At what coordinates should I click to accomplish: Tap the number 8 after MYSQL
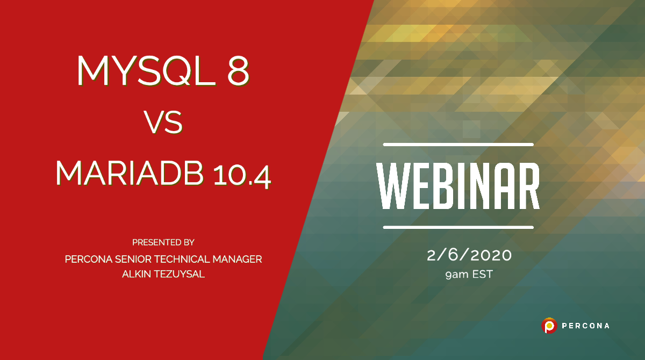238,70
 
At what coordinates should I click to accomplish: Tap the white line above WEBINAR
458,145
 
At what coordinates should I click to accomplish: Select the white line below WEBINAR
458,227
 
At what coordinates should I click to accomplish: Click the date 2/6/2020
469,256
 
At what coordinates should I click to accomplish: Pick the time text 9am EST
469,275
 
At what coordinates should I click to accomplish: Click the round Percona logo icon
549,325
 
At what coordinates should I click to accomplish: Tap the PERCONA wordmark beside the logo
586,326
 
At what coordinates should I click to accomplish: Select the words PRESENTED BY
163,242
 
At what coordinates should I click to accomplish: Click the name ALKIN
138,274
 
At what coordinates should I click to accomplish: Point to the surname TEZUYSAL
181,274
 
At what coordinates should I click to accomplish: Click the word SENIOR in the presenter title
131,259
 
